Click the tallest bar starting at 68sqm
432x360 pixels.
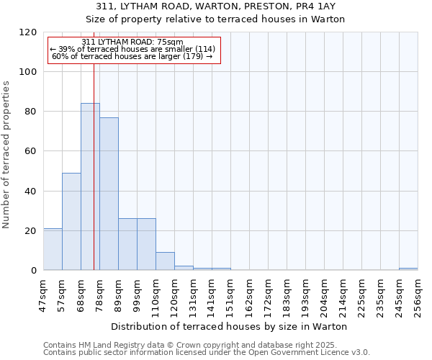(x=90, y=186)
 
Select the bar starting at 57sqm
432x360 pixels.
(x=71, y=221)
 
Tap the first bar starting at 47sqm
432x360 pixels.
(x=53, y=249)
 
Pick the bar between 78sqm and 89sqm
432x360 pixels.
(x=109, y=194)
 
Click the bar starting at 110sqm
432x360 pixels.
(x=165, y=261)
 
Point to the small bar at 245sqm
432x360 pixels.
(x=408, y=269)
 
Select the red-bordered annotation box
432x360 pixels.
(x=133, y=50)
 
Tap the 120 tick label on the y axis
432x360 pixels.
(x=28, y=32)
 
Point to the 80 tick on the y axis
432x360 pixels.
(x=31, y=112)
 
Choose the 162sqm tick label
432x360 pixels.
(x=249, y=294)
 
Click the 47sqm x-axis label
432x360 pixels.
(x=43, y=294)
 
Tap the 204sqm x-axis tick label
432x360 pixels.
(x=324, y=294)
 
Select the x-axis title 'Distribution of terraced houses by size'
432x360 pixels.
(x=230, y=326)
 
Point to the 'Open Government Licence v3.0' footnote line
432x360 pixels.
(x=207, y=353)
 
